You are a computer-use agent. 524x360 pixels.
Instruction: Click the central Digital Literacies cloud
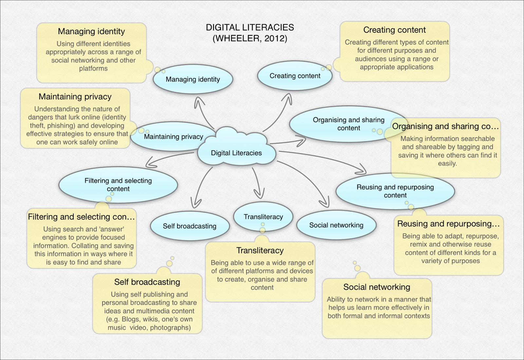click(x=236, y=153)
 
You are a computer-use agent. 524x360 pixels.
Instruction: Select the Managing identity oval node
click(x=193, y=79)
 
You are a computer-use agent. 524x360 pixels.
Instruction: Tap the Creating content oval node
click(x=295, y=76)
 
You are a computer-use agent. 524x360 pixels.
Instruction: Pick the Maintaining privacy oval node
click(x=173, y=136)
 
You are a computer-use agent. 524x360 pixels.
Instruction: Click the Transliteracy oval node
click(x=263, y=217)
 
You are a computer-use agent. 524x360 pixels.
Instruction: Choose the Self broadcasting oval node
click(x=190, y=226)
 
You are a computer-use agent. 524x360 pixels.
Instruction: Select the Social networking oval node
click(x=336, y=225)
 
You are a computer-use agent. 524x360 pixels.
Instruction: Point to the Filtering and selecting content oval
click(x=118, y=185)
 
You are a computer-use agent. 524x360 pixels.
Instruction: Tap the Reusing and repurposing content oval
click(x=395, y=191)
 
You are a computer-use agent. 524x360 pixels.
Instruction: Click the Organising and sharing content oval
click(x=348, y=124)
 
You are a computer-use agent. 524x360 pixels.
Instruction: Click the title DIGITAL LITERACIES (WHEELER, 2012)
click(x=250, y=33)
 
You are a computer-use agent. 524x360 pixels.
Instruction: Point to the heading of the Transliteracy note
click(x=260, y=250)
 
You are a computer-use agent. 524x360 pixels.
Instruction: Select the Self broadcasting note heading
click(x=147, y=282)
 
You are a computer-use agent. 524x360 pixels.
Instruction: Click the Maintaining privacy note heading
click(x=75, y=97)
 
